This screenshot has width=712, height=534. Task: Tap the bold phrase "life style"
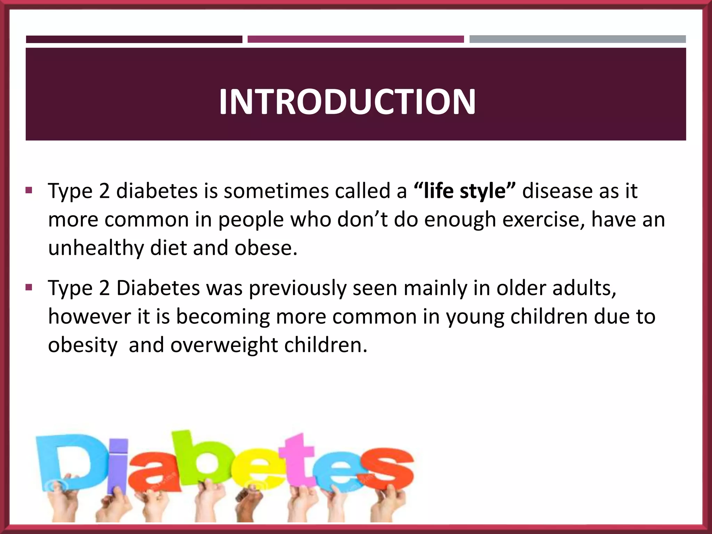[x=465, y=191]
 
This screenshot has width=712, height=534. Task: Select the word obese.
[x=266, y=248]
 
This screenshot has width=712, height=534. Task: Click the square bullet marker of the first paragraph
[x=29, y=191]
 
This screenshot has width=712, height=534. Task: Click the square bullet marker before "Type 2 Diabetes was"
[x=29, y=288]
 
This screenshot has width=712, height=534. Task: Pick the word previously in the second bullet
[x=298, y=289]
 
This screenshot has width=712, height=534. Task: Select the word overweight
[x=224, y=345]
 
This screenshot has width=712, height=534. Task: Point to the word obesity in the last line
[x=83, y=345]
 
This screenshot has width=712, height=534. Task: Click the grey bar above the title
[x=577, y=39]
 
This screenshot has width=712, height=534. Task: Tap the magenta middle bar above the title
[x=355, y=39]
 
